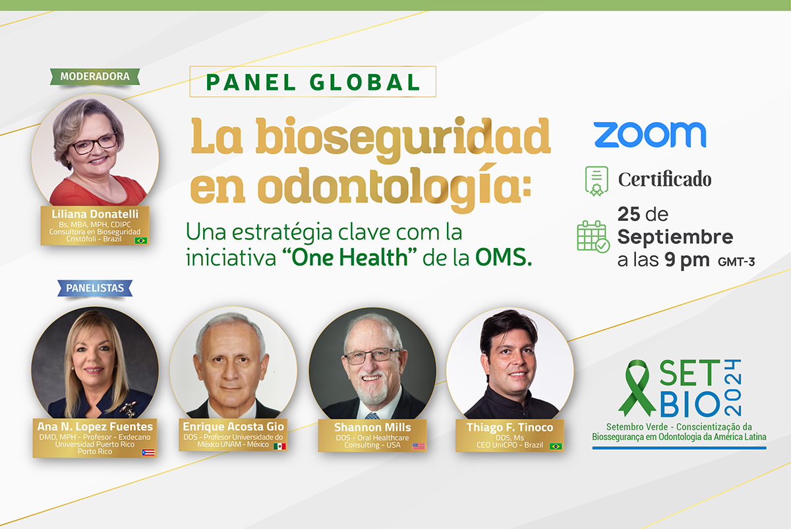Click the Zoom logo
[x=650, y=135]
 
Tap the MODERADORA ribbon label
[x=95, y=77]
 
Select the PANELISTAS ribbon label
[x=95, y=288]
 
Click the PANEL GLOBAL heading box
[x=313, y=82]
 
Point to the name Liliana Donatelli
[x=95, y=214]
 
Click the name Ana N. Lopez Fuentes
[x=95, y=427]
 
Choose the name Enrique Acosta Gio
[x=233, y=427]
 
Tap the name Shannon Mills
[x=372, y=427]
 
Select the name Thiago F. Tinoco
[x=510, y=427]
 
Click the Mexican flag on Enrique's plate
[x=279, y=447]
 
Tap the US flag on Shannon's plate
[x=419, y=447]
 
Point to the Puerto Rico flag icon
[x=148, y=452]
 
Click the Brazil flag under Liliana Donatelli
[x=141, y=241]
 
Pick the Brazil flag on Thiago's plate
[x=556, y=447]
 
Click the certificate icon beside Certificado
[x=597, y=181]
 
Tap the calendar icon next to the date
[x=593, y=236]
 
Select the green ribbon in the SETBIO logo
[x=637, y=387]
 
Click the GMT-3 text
[x=736, y=262]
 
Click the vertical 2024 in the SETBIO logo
[x=732, y=388]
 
